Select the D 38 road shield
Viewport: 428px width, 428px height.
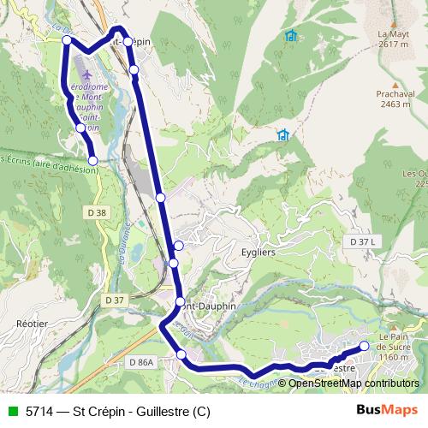point(98,211)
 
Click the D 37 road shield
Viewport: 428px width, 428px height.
point(114,300)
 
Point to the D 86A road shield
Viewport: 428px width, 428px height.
point(142,363)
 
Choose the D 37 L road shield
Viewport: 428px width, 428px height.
point(363,242)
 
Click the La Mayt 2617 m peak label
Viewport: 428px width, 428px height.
point(392,39)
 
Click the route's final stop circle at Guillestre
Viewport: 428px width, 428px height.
point(364,346)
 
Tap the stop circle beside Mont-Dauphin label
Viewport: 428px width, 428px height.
point(180,301)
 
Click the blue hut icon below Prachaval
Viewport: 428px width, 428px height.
point(282,134)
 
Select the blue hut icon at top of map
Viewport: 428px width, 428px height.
point(291,36)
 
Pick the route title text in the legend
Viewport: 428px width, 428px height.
point(117,411)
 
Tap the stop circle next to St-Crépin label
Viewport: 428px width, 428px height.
point(127,41)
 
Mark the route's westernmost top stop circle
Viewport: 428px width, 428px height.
point(67,40)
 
